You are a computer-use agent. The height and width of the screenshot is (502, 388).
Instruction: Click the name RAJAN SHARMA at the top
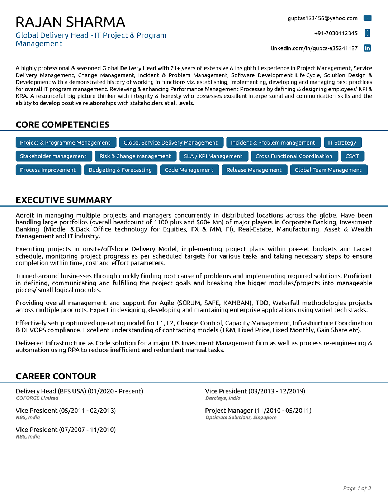click(70, 22)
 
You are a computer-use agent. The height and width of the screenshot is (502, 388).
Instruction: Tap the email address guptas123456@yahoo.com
click(322, 18)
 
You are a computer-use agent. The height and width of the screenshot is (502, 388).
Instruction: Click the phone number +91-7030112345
click(336, 33)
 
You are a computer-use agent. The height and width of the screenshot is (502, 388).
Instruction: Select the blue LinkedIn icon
click(367, 48)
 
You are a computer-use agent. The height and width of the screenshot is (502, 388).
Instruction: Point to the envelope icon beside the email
click(367, 18)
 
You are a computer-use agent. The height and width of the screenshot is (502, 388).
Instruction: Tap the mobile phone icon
click(367, 33)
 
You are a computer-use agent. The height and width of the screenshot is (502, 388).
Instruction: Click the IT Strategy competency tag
click(342, 142)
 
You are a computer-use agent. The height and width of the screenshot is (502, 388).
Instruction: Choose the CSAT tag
click(352, 156)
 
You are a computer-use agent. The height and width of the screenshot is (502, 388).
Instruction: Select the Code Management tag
click(189, 170)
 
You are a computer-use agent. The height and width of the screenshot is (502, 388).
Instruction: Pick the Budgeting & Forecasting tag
click(120, 170)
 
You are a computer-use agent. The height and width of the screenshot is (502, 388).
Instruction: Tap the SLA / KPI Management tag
click(213, 156)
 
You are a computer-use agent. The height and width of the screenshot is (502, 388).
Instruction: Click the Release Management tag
click(254, 170)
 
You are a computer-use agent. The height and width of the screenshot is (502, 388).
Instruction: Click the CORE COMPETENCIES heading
click(62, 124)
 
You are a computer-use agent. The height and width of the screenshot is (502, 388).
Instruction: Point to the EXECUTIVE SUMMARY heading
click(63, 200)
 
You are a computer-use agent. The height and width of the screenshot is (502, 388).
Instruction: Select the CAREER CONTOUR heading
click(56, 376)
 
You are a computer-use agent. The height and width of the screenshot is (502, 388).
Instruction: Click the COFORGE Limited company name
click(37, 398)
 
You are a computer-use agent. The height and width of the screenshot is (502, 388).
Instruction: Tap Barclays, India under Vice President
click(223, 398)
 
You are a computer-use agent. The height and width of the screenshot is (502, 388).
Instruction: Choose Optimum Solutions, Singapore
click(241, 417)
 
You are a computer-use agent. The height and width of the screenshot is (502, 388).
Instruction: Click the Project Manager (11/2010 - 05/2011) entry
click(258, 411)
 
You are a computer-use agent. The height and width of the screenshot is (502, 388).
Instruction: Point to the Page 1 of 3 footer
click(357, 488)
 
